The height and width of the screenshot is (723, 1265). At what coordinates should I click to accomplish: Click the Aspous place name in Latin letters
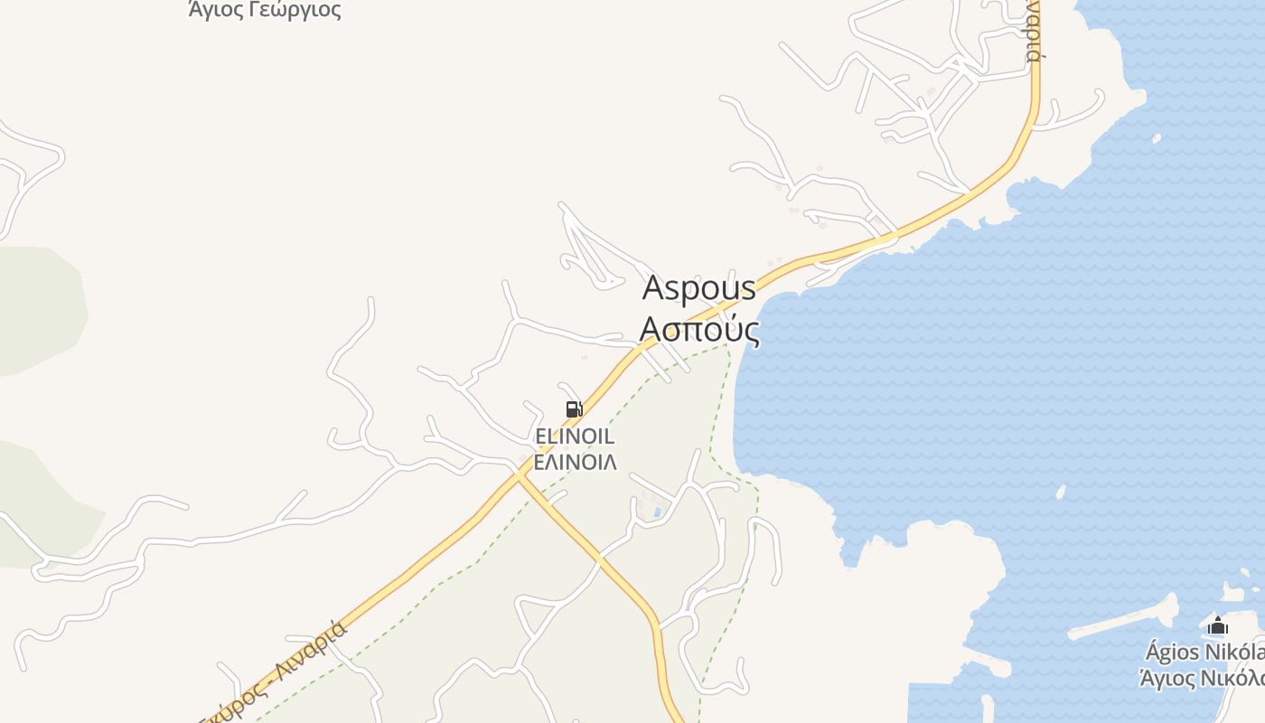click(698, 288)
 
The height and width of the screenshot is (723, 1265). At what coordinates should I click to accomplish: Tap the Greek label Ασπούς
click(698, 330)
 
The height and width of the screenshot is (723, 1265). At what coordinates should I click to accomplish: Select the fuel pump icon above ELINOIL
click(574, 409)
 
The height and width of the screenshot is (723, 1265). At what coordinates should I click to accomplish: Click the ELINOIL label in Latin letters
click(575, 437)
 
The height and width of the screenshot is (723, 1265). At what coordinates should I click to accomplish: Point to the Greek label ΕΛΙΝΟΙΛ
click(575, 462)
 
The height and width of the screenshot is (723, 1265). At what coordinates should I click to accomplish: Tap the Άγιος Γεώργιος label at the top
click(265, 10)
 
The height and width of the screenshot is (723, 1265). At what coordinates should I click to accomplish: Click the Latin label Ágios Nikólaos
click(1205, 652)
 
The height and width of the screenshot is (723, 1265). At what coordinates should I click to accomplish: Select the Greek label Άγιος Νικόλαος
click(1203, 678)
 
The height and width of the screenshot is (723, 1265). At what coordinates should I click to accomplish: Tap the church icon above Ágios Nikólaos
click(1218, 625)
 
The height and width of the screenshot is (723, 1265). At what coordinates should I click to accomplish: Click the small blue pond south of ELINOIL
click(657, 513)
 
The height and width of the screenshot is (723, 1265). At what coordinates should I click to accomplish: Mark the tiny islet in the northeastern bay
click(1157, 138)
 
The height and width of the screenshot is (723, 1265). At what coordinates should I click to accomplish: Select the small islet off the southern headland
click(1061, 493)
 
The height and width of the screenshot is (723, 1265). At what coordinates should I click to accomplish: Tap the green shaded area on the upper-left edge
click(41, 307)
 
